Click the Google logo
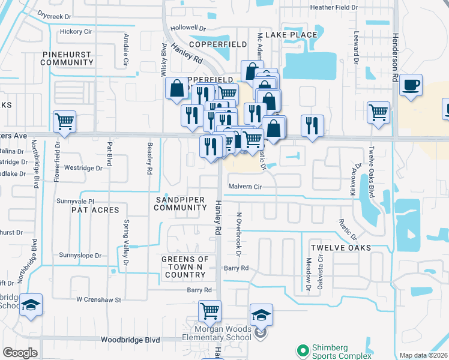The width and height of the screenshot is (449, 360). click(20, 353)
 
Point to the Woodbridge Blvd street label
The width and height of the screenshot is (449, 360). click(130, 340)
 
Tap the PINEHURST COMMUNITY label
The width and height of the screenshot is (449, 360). click(68, 58)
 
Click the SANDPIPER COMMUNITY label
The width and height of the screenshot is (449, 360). click(180, 203)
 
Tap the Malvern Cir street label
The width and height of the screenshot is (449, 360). click(246, 187)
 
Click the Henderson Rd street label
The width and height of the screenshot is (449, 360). click(396, 67)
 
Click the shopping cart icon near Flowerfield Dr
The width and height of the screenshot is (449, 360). click(64, 122)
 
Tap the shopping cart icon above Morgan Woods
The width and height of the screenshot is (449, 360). click(209, 311)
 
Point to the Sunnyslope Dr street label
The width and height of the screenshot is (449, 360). click(80, 256)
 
